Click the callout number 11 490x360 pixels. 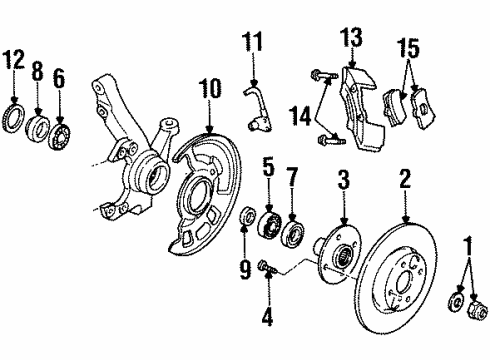pos(255,43)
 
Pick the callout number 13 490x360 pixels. pos(353,40)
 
